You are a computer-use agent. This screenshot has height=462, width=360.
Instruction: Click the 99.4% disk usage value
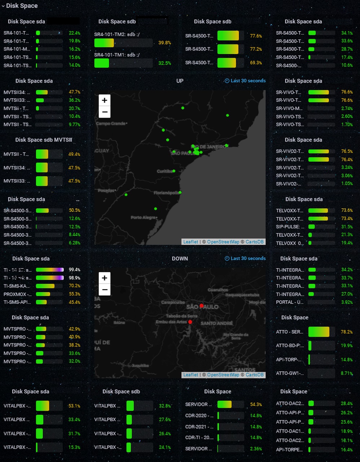74,270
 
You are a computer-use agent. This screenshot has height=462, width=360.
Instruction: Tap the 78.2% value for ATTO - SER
346,332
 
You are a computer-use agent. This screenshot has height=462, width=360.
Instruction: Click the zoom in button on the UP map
105,100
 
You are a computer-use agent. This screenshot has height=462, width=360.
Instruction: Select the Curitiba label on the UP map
164,171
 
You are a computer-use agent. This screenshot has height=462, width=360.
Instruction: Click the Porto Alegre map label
143,217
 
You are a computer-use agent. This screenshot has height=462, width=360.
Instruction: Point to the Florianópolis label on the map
166,193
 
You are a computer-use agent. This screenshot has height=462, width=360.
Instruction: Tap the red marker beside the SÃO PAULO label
201,306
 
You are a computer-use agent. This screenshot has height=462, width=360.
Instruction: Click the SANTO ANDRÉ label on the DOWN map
216,323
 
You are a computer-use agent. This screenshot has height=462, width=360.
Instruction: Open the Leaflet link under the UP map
190,242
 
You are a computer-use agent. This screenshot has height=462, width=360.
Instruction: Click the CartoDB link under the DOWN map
254,375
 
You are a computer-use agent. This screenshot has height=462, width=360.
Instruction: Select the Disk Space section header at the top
22,6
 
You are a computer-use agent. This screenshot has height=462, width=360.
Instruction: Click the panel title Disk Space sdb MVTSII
44,140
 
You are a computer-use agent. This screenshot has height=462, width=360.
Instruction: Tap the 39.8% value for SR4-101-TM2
164,43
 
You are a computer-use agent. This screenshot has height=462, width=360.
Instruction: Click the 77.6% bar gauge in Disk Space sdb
228,36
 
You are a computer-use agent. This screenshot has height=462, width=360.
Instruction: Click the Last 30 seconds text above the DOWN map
248,258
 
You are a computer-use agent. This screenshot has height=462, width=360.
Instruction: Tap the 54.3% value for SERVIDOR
256,404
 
